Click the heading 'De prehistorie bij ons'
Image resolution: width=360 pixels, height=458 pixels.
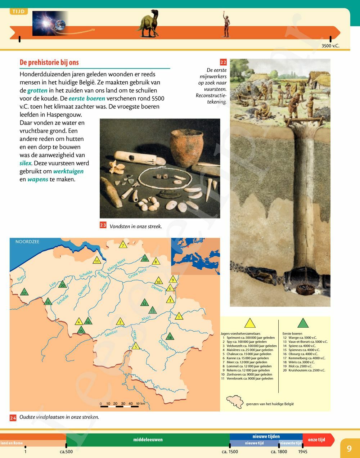49,62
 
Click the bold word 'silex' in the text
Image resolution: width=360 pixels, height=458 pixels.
25,163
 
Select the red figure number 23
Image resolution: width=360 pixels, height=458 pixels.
103,225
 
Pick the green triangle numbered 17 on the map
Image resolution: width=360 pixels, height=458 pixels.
24,292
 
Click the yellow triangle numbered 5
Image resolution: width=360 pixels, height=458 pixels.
135,346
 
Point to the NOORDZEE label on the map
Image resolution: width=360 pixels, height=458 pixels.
27,242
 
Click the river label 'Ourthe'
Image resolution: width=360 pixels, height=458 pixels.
163,345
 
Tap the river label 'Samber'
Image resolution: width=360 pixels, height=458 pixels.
111,333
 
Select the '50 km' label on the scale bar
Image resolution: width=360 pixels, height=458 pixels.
140,404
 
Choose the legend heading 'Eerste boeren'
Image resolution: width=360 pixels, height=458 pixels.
292,334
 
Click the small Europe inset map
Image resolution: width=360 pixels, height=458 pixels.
195,256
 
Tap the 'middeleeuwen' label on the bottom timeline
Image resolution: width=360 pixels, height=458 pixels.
148,440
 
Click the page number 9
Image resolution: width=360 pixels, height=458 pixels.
349,448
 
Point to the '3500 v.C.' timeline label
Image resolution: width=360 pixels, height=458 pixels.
330,46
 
